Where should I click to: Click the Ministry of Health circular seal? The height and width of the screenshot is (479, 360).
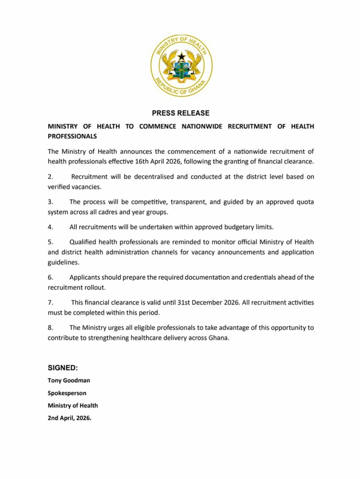181,66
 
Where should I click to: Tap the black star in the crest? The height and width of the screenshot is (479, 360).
181,56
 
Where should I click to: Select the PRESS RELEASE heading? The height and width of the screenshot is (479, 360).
181,113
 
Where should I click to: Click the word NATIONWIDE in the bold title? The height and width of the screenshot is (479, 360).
202,126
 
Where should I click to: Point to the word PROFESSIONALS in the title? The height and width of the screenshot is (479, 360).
72,136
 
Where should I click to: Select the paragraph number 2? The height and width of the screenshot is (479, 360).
50,177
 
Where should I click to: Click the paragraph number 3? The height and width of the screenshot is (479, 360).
50,202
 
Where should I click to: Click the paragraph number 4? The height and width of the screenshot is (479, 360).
50,227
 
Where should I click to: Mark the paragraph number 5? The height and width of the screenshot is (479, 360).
50,242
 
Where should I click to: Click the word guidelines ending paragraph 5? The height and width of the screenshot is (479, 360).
63,262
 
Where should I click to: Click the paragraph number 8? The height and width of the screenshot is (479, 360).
50,328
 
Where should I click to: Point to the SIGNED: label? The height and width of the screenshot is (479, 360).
63,368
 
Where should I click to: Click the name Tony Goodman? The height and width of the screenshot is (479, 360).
69,380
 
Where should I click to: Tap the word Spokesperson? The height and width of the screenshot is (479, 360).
67,393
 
